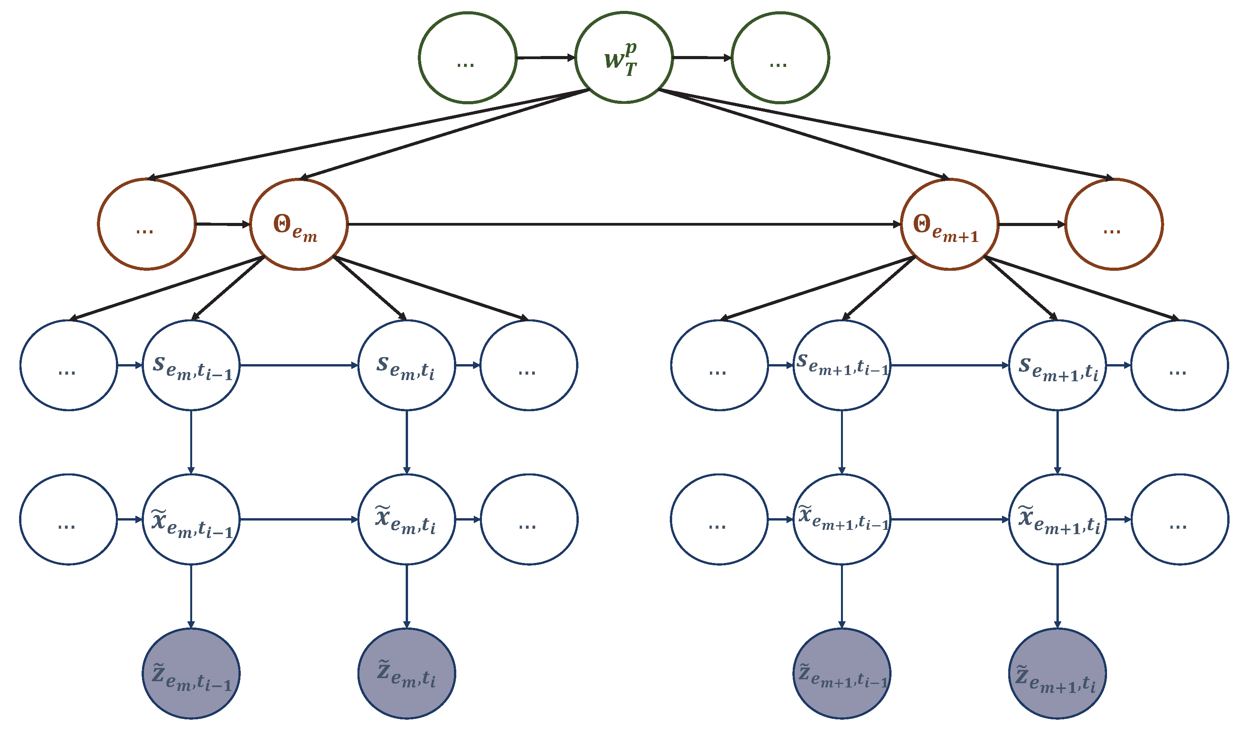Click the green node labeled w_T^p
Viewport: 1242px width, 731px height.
click(624, 58)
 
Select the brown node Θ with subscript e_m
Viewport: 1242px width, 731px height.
click(299, 224)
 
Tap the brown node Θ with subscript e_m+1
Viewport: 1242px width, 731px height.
click(949, 224)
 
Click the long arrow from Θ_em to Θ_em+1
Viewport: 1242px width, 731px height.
click(624, 224)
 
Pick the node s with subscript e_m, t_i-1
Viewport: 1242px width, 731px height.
click(191, 365)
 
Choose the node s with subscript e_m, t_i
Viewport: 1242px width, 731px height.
click(406, 365)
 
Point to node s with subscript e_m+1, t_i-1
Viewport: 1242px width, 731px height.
click(842, 365)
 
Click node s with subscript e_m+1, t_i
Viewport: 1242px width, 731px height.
click(1058, 365)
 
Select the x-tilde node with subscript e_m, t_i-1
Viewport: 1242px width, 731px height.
click(191, 519)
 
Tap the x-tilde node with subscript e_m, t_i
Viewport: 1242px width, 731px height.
click(406, 519)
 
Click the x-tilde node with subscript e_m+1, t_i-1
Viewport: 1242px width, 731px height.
click(842, 519)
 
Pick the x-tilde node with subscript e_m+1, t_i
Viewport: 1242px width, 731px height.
click(1058, 519)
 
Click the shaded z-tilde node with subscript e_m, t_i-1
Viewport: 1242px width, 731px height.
click(191, 674)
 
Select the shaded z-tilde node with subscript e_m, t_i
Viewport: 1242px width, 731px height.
click(406, 674)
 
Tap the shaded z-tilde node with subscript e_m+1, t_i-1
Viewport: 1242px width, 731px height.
click(842, 674)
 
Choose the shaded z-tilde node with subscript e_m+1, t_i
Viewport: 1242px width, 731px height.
click(1058, 674)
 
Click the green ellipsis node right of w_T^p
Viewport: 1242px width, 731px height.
click(780, 58)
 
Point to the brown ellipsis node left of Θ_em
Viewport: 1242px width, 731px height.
click(146, 224)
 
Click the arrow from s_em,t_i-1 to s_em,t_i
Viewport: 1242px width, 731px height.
click(299, 365)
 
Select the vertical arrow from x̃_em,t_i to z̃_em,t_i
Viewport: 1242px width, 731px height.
click(406, 596)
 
